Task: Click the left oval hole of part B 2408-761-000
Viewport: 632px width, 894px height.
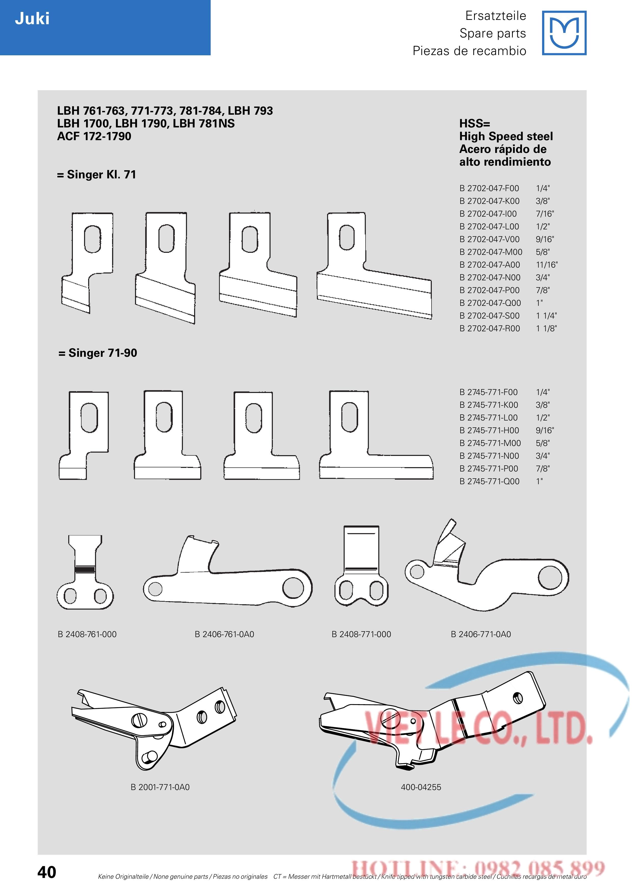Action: click(71, 595)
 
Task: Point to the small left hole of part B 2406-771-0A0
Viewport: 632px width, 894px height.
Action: click(417, 572)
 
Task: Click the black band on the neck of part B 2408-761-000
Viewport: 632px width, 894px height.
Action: click(85, 569)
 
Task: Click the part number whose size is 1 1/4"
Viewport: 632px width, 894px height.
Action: click(490, 316)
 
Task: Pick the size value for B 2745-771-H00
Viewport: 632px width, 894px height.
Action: click(544, 430)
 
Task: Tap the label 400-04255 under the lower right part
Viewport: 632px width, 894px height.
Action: click(421, 787)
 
